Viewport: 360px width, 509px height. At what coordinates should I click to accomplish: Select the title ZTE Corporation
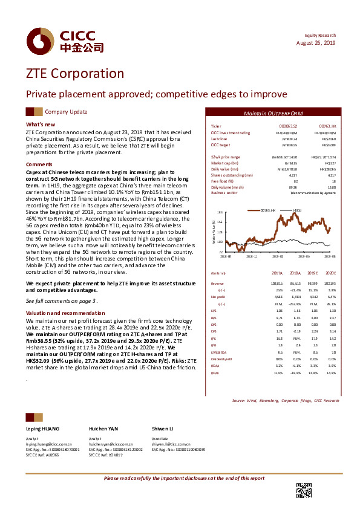[x=74, y=74]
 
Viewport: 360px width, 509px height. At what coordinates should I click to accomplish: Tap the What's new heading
[x=41, y=125]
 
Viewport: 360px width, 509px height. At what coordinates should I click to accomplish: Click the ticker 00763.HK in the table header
[x=327, y=126]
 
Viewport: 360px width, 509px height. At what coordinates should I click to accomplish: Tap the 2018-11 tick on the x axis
[x=251, y=256]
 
